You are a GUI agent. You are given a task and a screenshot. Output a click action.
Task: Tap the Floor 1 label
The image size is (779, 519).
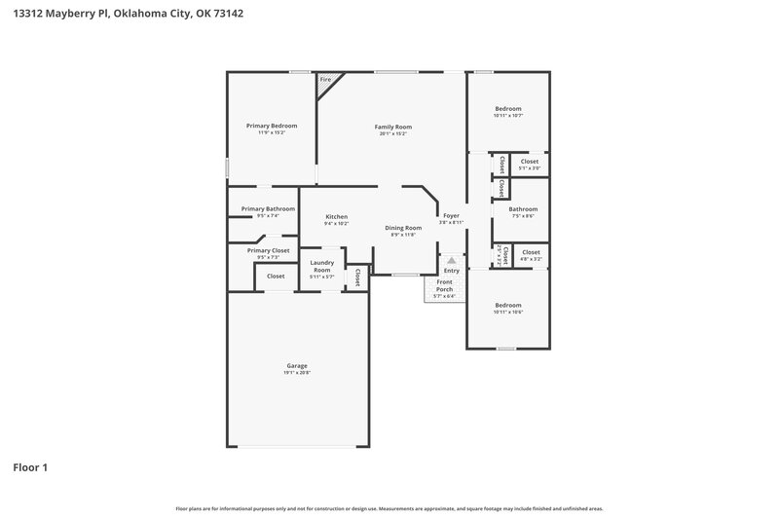point(30,467)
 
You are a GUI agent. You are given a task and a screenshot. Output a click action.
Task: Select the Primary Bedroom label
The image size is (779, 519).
point(271,126)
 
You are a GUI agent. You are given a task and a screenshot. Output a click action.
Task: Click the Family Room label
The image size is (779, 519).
point(393,127)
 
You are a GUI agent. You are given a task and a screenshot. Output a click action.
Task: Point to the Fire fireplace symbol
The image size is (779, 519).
point(325,80)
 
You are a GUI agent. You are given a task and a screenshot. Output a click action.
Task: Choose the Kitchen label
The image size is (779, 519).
point(336,216)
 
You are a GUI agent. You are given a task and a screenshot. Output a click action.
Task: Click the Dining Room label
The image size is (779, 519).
point(403,228)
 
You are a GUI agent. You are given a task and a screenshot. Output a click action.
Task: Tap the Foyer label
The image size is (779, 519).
point(451,215)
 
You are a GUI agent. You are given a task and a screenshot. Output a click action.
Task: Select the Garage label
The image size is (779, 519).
point(297,365)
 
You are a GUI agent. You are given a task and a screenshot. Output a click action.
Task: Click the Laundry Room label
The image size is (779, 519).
point(322,266)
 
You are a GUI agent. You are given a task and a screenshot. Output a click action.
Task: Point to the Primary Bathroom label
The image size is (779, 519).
point(268,208)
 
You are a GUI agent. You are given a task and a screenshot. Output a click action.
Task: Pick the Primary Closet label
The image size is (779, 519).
point(268,250)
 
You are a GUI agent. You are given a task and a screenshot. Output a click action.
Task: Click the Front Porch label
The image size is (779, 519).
point(444,286)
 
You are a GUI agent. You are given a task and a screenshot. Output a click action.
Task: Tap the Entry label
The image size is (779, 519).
point(452,270)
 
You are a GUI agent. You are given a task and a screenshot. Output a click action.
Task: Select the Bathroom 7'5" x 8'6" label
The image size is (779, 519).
point(523,208)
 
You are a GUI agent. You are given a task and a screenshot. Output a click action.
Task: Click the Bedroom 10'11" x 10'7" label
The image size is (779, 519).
point(508,108)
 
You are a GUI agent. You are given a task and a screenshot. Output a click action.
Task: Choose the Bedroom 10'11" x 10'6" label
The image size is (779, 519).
point(508,305)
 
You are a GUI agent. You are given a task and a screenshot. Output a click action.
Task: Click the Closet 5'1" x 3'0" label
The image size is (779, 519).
point(530,162)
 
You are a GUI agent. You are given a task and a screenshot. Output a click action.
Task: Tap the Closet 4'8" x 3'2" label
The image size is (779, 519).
point(532,253)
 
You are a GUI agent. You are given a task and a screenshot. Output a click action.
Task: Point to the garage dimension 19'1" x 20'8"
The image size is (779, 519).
point(297,373)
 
